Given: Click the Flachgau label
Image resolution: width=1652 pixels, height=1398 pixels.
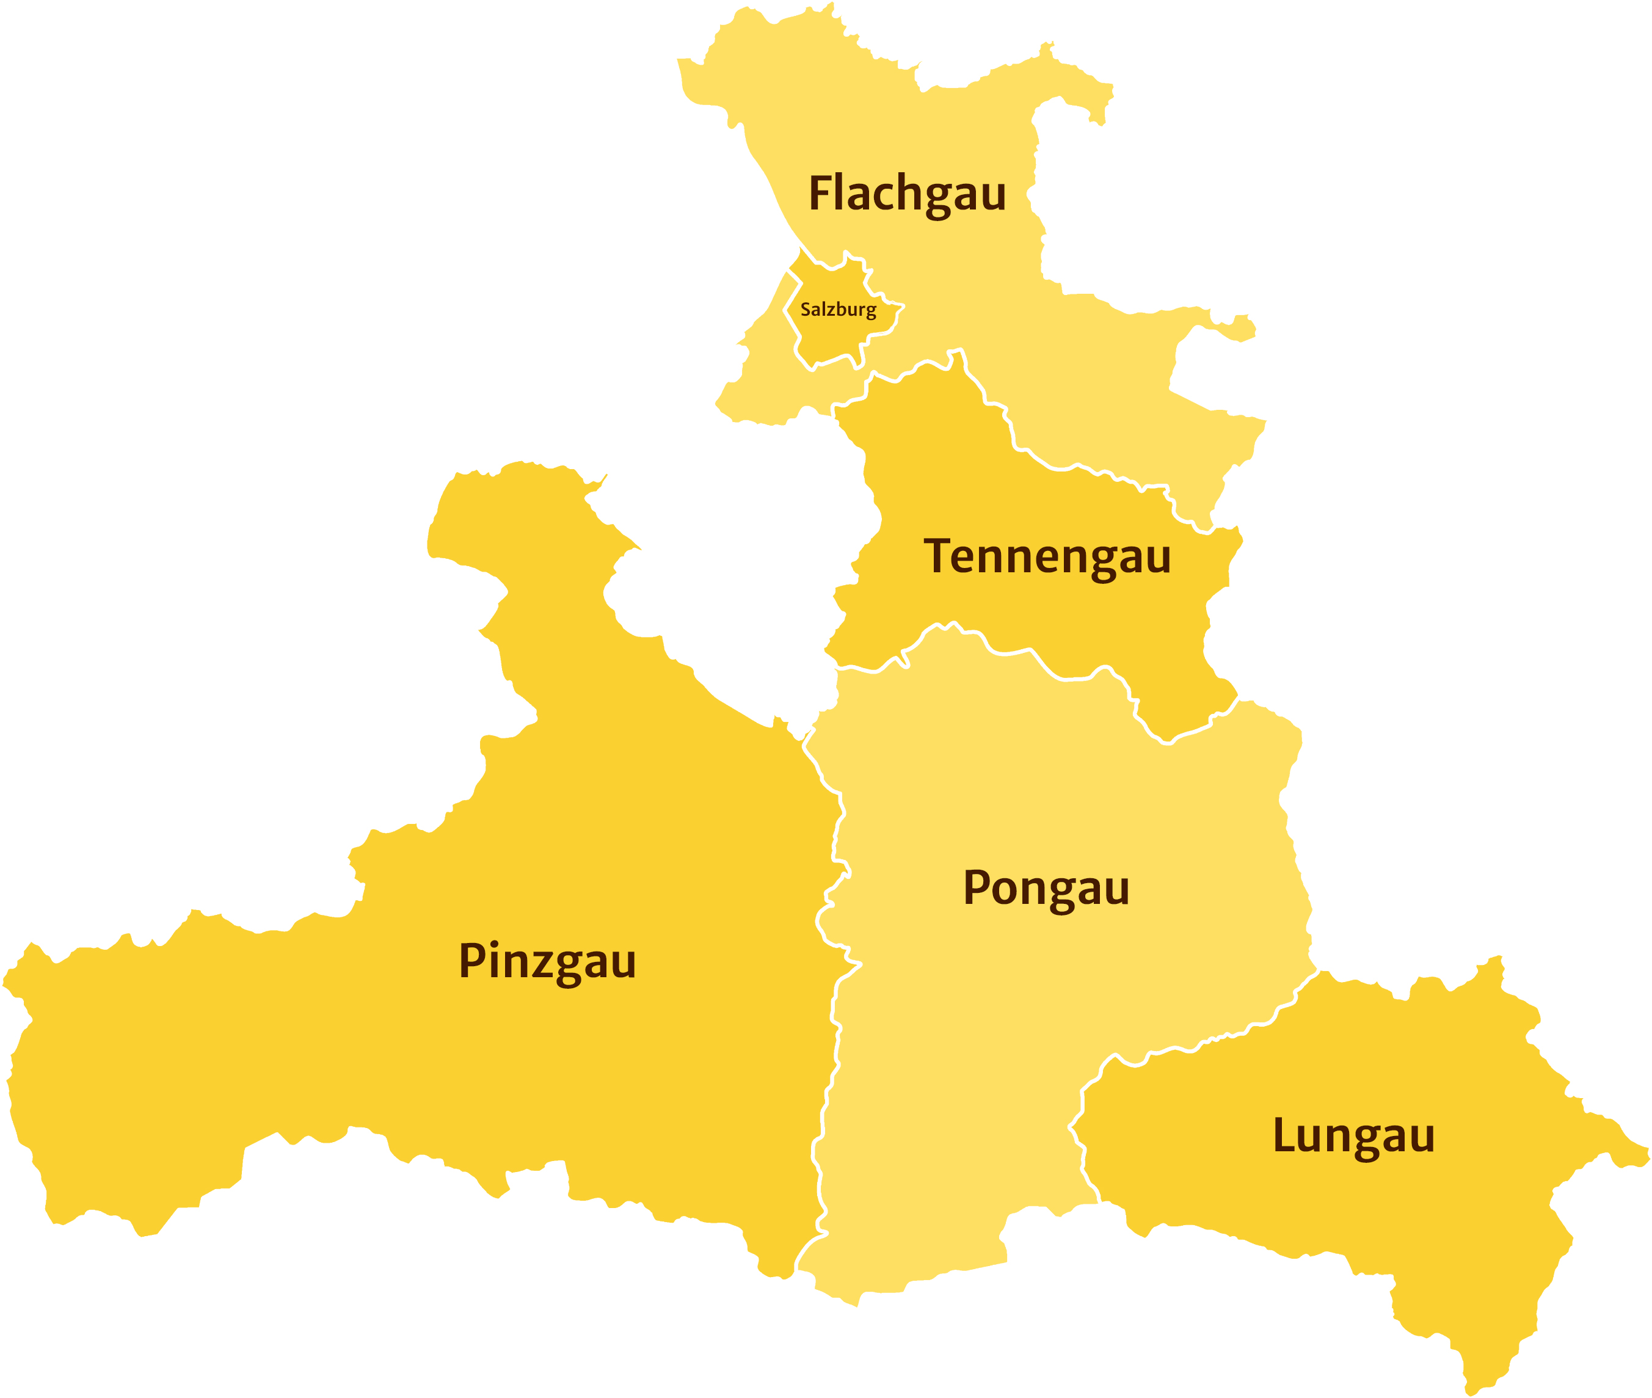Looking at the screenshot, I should (907, 194).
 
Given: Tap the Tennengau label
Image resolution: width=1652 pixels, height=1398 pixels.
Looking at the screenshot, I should (1047, 557).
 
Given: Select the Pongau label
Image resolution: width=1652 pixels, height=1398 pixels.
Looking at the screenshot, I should (1046, 889).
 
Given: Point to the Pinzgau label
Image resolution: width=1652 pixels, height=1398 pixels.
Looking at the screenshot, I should (547, 961).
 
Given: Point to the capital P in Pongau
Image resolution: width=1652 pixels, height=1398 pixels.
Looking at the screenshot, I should (977, 887).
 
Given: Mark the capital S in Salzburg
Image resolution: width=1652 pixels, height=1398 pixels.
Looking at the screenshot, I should (805, 309).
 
